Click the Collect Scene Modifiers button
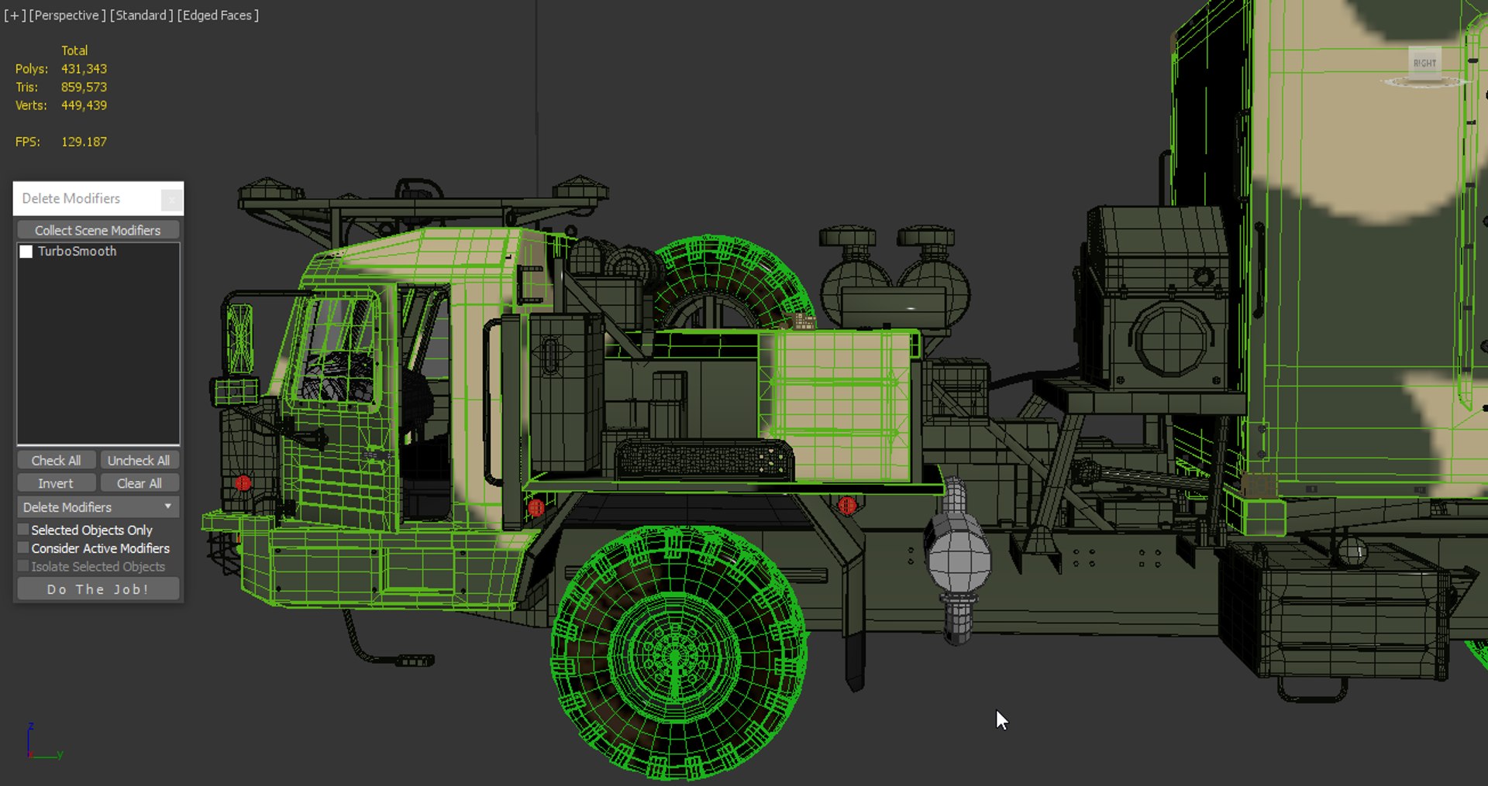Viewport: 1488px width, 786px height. (98, 230)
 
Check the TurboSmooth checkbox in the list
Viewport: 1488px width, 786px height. (26, 252)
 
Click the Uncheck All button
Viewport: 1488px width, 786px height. (138, 460)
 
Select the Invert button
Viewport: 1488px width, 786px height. (56, 483)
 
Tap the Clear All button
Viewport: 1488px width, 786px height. (139, 483)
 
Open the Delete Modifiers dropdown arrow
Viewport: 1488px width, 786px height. (167, 506)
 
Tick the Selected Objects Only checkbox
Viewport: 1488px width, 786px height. (23, 530)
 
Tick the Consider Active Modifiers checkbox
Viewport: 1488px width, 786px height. (23, 548)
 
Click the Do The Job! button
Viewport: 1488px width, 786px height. (98, 589)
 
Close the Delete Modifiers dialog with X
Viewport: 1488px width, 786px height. (171, 200)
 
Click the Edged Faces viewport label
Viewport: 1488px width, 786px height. (218, 15)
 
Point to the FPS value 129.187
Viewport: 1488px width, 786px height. (84, 142)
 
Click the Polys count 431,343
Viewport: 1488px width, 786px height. (84, 69)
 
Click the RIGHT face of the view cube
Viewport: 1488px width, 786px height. (1424, 63)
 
